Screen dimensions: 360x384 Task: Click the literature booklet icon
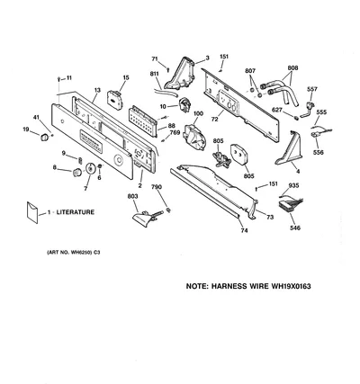[x=32, y=212]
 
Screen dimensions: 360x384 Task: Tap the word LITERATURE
[x=76, y=212]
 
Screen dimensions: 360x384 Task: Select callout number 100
[x=198, y=113]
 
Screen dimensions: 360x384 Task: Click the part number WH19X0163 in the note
[x=291, y=286]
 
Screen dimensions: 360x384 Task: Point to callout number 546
[x=295, y=228]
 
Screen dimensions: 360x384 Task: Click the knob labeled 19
[x=44, y=137]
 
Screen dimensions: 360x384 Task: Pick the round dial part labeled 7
[x=90, y=168]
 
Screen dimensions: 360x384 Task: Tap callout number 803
[x=132, y=196]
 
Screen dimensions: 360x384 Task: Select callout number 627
[x=277, y=110]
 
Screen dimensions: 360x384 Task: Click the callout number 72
[x=214, y=119]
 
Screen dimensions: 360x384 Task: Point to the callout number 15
[x=126, y=77]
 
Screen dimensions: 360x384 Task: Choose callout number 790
[x=157, y=187]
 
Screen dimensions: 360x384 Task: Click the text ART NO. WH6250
[x=69, y=253]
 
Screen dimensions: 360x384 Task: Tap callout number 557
[x=312, y=89]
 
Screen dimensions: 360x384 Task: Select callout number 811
[x=155, y=74]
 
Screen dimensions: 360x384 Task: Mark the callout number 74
[x=244, y=230]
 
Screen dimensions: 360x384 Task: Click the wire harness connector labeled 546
[x=291, y=205]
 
